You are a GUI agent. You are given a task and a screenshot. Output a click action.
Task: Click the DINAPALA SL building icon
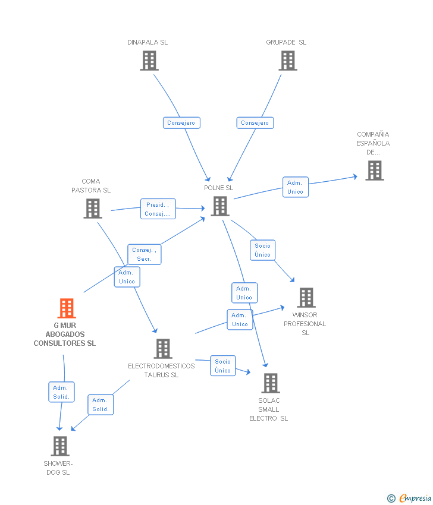click(x=149, y=61)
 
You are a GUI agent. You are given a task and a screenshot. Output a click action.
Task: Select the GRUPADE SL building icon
click(x=288, y=61)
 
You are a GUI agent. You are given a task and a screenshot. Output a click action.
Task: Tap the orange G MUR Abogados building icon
click(x=67, y=308)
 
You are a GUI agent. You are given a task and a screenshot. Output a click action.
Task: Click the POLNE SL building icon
click(x=220, y=206)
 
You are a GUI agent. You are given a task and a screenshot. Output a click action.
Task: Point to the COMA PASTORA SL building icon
click(x=93, y=209)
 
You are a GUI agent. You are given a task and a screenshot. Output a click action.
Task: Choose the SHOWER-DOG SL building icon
click(x=60, y=446)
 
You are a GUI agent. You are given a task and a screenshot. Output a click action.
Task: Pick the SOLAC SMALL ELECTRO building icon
click(x=271, y=383)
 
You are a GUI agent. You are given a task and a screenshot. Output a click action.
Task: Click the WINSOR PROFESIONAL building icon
click(x=306, y=298)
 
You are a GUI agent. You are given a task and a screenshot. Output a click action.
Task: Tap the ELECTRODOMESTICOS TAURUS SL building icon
click(x=163, y=349)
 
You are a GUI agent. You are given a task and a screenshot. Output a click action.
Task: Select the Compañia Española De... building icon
click(x=374, y=171)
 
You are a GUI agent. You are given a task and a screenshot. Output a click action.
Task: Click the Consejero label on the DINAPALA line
click(x=181, y=123)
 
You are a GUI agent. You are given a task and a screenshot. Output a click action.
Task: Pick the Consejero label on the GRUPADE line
click(x=255, y=123)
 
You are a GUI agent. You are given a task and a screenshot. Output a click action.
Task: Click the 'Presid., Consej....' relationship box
click(x=158, y=209)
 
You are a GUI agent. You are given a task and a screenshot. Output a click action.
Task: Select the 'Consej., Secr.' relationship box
click(x=144, y=254)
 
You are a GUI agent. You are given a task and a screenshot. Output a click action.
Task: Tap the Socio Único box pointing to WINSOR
click(x=262, y=250)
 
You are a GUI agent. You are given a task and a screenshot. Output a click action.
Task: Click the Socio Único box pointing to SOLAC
click(x=223, y=366)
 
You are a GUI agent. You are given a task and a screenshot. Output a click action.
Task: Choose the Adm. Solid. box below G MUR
click(x=61, y=392)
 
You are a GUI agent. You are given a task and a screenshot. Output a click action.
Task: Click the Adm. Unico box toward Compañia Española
click(x=295, y=187)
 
